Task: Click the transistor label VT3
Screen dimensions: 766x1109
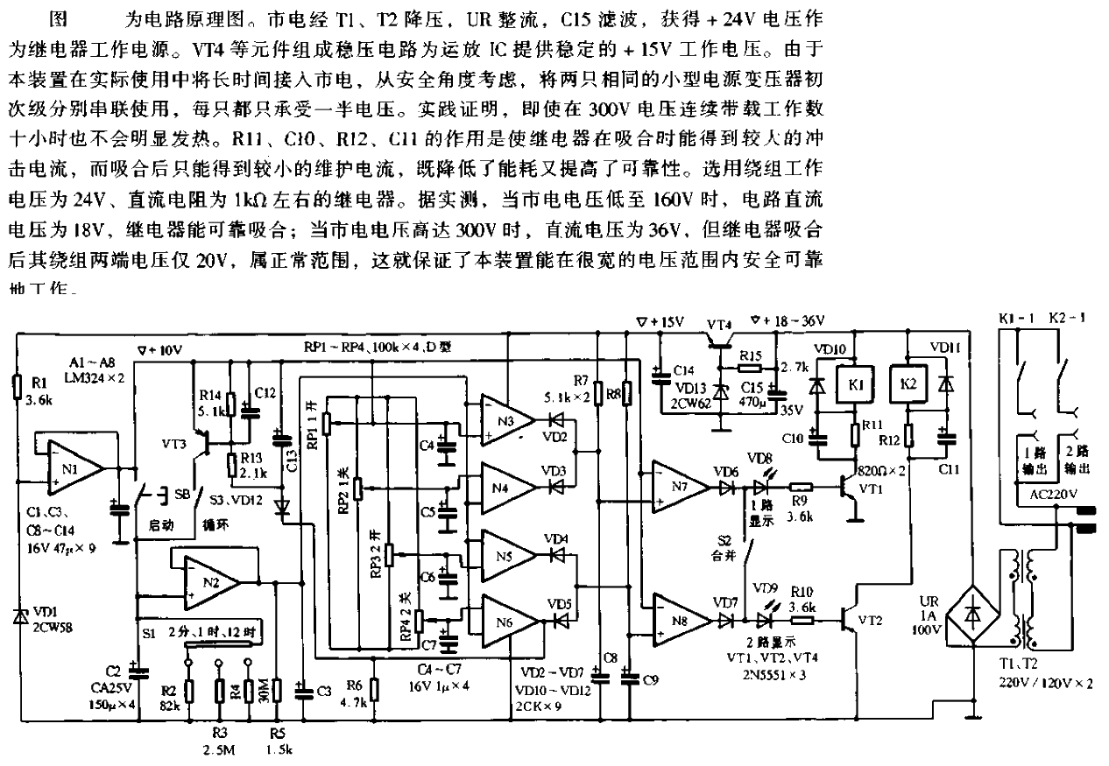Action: pyautogui.click(x=176, y=444)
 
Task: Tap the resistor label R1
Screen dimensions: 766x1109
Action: pyautogui.click(x=39, y=384)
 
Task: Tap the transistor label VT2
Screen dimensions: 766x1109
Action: pyautogui.click(x=871, y=620)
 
